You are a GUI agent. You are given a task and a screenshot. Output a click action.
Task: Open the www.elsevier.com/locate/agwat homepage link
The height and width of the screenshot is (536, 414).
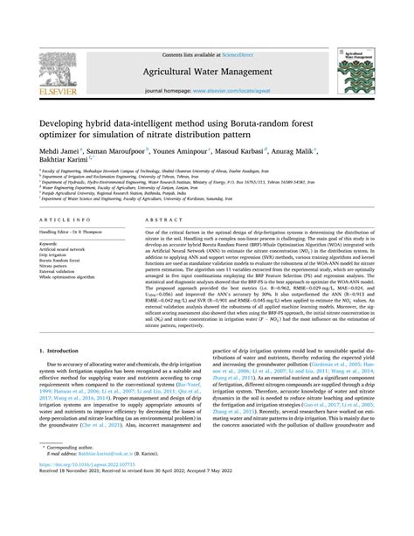[227, 90]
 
